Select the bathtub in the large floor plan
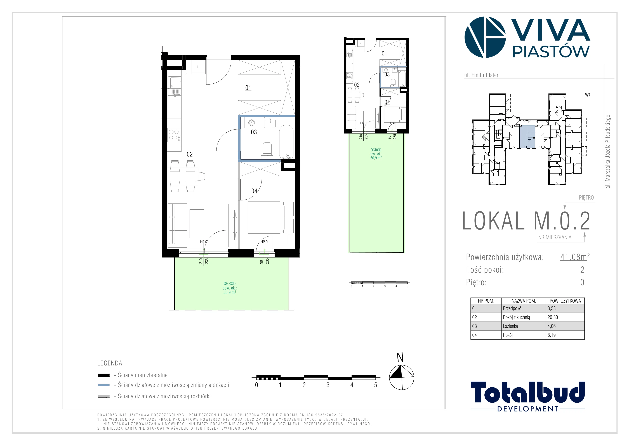(x=286, y=142)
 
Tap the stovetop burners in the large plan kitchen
(x=174, y=135)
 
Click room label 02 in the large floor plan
(x=190, y=154)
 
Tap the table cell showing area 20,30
(x=553, y=317)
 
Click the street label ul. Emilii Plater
(x=481, y=75)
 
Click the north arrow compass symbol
(x=401, y=377)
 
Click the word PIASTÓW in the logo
(x=551, y=51)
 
